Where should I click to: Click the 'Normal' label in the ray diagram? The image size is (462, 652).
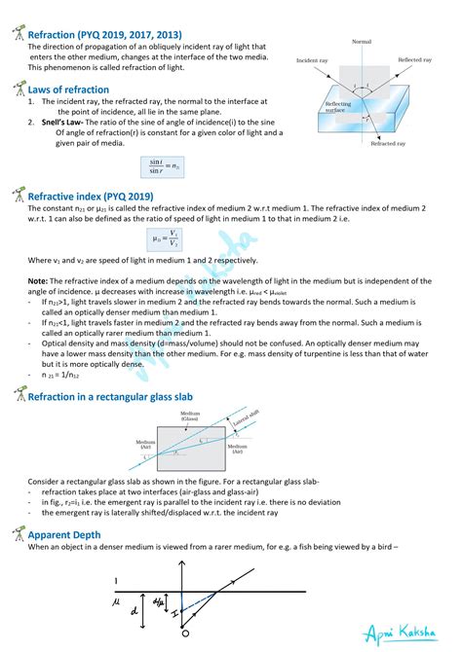click(x=362, y=43)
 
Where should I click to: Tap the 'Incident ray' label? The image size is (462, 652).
click(x=315, y=60)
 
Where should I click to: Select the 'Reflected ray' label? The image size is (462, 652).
click(x=416, y=60)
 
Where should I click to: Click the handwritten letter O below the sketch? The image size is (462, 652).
click(x=183, y=634)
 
